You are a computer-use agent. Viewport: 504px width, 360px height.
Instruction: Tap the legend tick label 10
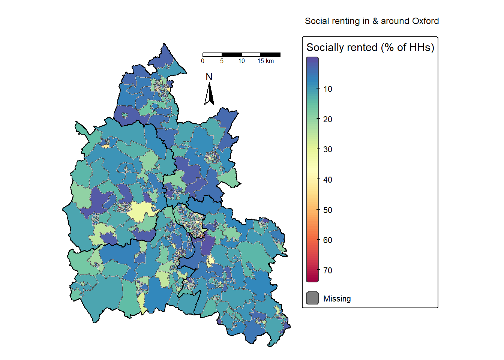pyautogui.click(x=328, y=89)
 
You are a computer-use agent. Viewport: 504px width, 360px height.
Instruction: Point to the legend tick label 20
pyautogui.click(x=328, y=119)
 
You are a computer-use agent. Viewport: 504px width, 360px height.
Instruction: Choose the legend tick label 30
pyautogui.click(x=328, y=150)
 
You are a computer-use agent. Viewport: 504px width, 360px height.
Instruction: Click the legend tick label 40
pyautogui.click(x=328, y=180)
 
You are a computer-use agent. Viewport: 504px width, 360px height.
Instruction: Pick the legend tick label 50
pyautogui.click(x=328, y=210)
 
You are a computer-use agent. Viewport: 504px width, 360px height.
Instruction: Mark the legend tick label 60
pyautogui.click(x=328, y=240)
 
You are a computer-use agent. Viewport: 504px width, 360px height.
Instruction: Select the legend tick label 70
pyautogui.click(x=328, y=270)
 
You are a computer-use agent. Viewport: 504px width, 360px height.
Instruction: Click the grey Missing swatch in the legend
pyautogui.click(x=312, y=298)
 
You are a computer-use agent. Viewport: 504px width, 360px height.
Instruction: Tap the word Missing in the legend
pyautogui.click(x=337, y=299)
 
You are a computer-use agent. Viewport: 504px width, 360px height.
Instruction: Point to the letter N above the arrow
pyautogui.click(x=209, y=77)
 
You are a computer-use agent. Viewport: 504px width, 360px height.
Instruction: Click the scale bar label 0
pyautogui.click(x=203, y=61)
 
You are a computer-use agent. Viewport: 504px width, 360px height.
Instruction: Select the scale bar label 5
pyautogui.click(x=222, y=61)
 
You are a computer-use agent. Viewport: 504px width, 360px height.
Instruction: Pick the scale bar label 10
pyautogui.click(x=241, y=61)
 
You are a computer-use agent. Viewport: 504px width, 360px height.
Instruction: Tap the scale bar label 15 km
pyautogui.click(x=265, y=61)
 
